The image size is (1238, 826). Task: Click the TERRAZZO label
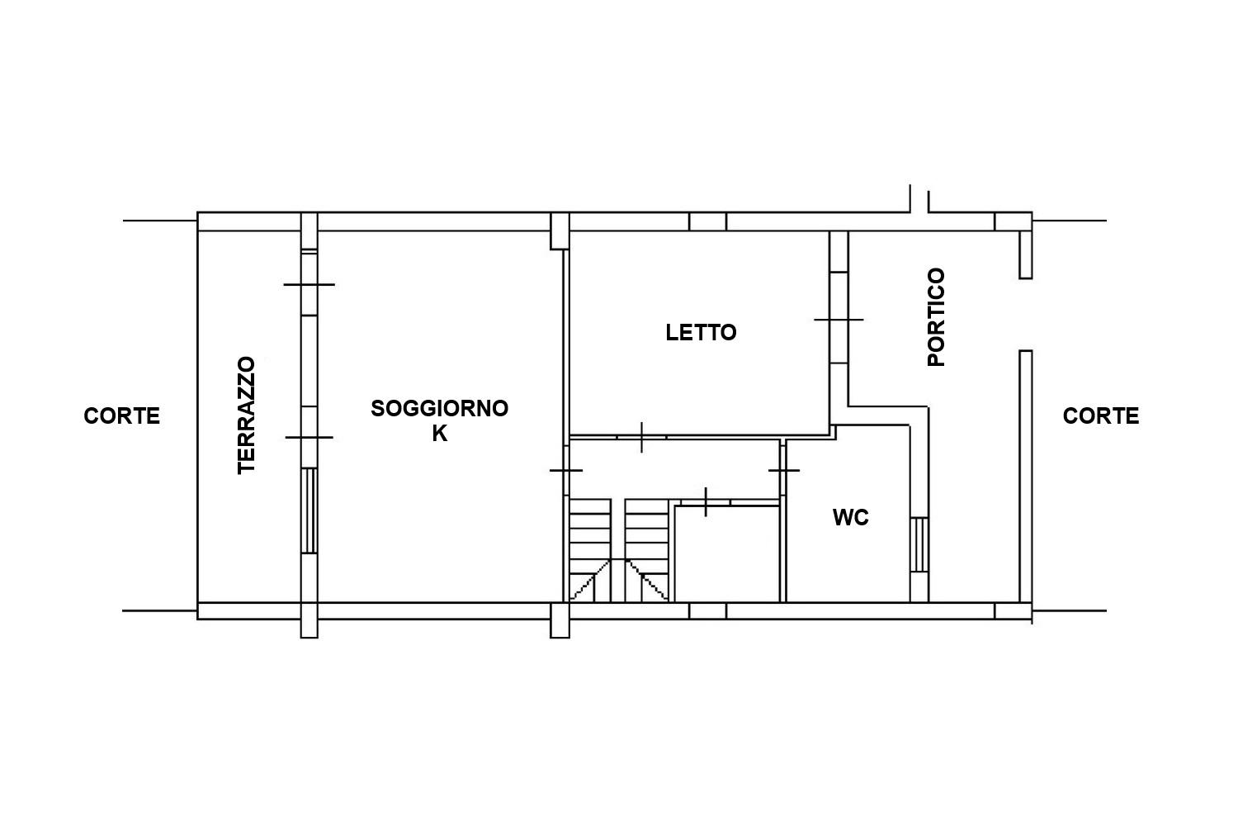click(247, 415)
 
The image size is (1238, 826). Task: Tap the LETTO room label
click(701, 333)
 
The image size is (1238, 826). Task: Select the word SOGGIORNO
click(439, 408)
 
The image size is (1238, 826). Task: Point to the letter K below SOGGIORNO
click(439, 434)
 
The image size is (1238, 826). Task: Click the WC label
click(851, 517)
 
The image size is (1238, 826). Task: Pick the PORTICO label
click(936, 317)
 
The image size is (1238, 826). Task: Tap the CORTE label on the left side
click(121, 415)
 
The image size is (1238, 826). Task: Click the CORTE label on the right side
click(1101, 415)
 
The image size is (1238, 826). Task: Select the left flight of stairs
click(590, 549)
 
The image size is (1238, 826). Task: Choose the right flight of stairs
click(646, 549)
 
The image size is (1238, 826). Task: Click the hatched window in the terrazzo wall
click(309, 510)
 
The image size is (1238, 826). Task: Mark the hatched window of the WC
click(919, 544)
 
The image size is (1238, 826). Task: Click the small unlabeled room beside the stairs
click(727, 553)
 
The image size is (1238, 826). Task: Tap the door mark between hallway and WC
click(784, 470)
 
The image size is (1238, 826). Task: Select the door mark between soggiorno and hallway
click(566, 470)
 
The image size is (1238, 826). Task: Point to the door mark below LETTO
click(641, 437)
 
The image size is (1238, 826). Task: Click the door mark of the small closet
click(706, 502)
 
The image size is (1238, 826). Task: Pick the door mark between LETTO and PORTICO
click(839, 319)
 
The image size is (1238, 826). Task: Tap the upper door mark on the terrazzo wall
click(309, 284)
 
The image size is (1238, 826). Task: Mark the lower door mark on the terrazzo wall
click(309, 437)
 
